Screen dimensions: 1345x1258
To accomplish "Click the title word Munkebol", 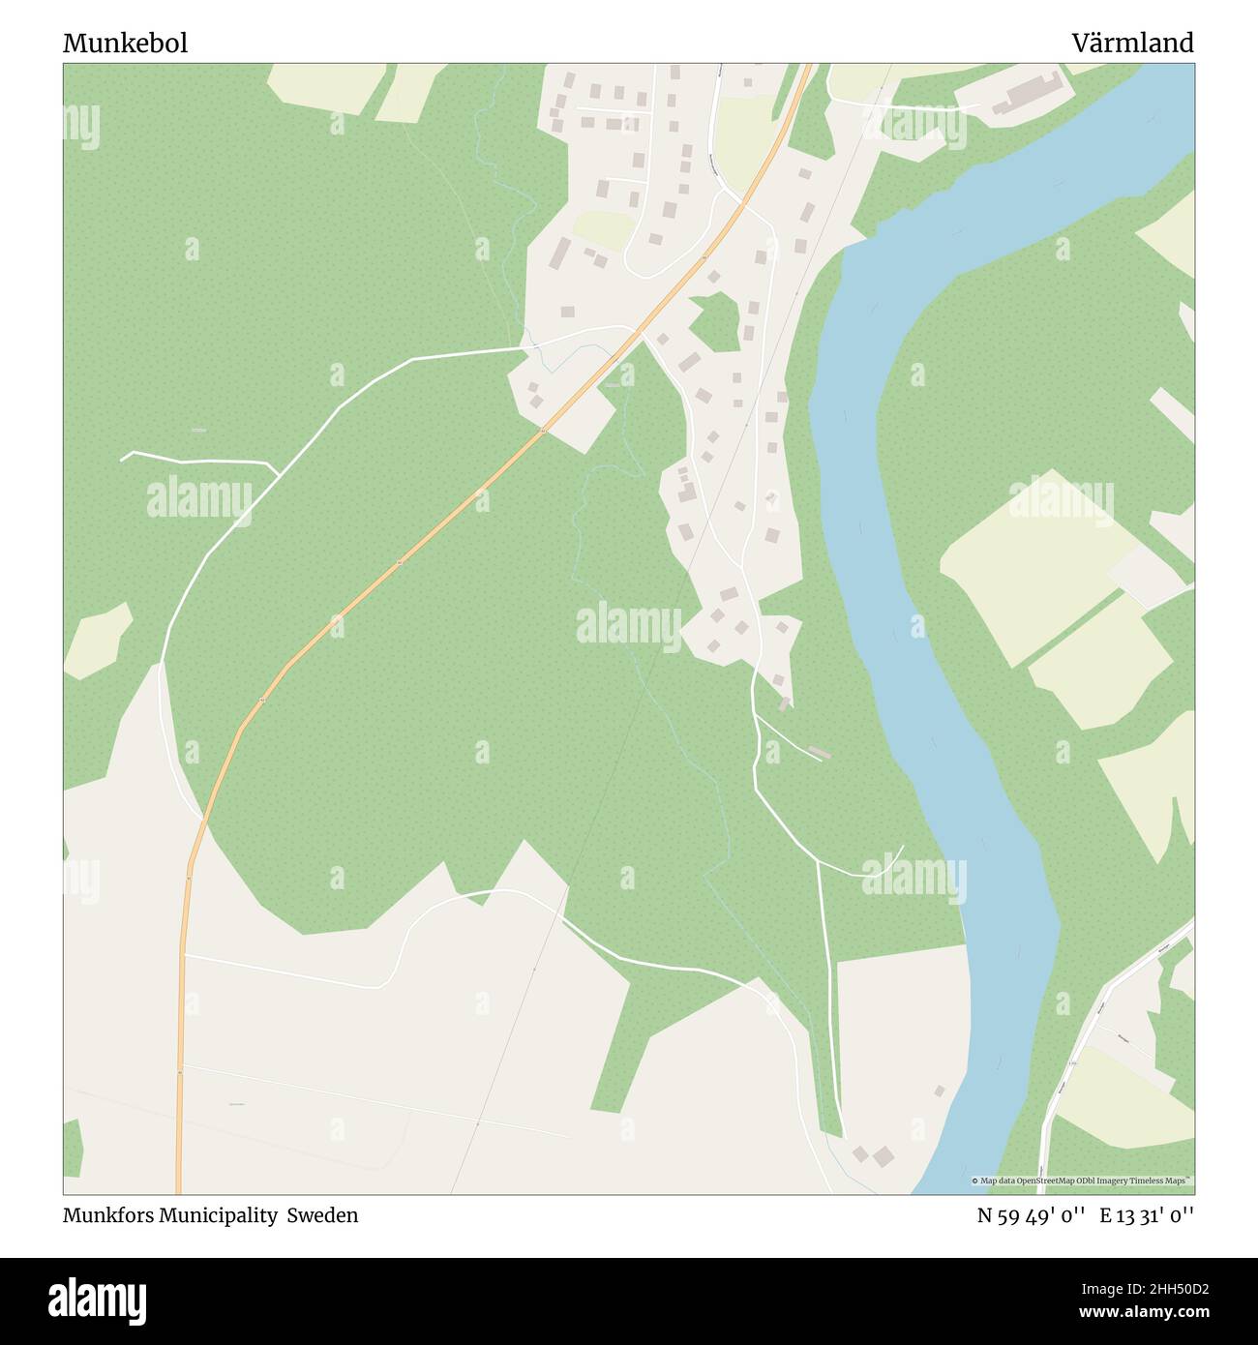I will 125,44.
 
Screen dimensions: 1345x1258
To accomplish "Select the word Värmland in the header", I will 1131,44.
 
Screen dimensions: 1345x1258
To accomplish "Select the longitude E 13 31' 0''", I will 1146,1215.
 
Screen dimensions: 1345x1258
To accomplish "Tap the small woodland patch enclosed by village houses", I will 717,321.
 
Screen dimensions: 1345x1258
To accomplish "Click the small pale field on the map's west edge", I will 97,641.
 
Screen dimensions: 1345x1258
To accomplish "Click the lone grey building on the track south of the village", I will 819,752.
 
